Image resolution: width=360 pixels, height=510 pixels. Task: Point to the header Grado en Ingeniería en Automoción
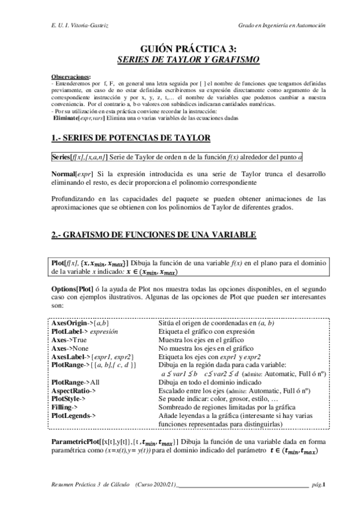coord(282,26)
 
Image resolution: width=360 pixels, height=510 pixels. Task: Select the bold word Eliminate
coord(68,118)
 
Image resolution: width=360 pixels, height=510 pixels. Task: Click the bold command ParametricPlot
coord(78,441)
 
